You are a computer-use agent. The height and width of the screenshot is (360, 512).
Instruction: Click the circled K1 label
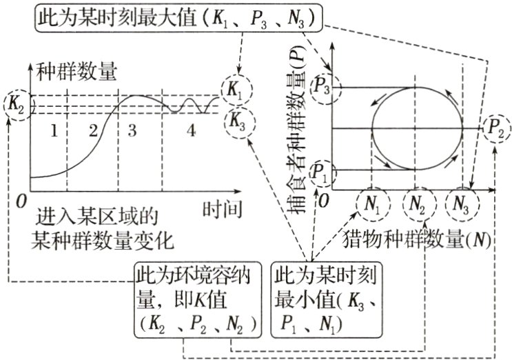click(237, 90)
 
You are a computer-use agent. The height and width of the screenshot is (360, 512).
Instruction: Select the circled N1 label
click(373, 204)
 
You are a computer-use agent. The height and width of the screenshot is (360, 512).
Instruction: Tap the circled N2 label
click(416, 204)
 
